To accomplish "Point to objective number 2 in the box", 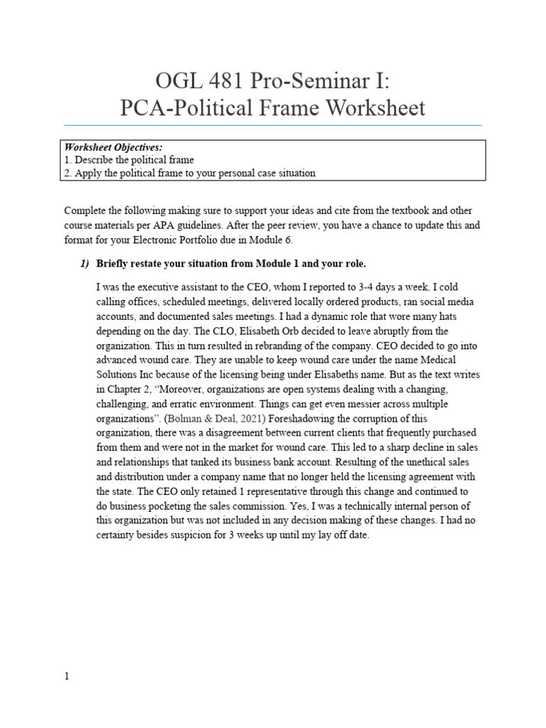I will pos(68,173).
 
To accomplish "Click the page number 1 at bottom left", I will pos(67,677).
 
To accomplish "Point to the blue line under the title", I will pos(273,126).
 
